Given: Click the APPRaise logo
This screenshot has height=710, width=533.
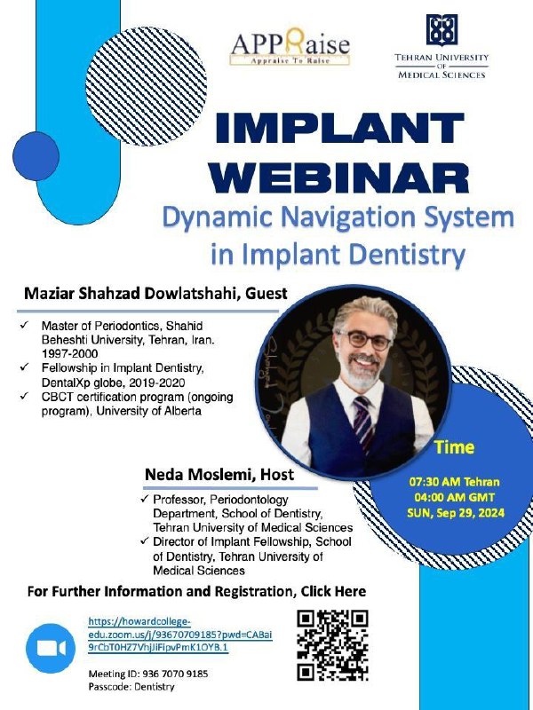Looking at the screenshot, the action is (x=290, y=47).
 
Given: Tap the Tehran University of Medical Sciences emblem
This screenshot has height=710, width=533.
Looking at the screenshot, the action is (x=442, y=30).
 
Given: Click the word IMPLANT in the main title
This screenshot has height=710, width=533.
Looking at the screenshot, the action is (x=340, y=128).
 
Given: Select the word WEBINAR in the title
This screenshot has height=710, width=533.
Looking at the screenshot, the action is (x=338, y=178).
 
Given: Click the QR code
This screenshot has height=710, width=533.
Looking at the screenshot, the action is (x=332, y=645).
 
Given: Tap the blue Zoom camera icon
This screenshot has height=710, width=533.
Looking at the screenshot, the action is (x=51, y=649).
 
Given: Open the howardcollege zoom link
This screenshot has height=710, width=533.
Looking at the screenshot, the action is (x=180, y=635).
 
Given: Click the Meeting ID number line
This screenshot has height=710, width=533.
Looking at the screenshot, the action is (x=148, y=674).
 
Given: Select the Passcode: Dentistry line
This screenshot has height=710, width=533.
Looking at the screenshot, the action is (x=131, y=687).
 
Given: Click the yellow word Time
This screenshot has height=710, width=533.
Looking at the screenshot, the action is (x=455, y=447).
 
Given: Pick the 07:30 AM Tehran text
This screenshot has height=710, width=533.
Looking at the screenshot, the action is (x=454, y=482).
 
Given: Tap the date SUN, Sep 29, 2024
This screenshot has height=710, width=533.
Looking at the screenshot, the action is (x=456, y=514).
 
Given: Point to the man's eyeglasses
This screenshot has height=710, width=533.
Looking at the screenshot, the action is (x=363, y=340).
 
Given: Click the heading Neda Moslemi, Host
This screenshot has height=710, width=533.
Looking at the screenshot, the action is (x=219, y=475).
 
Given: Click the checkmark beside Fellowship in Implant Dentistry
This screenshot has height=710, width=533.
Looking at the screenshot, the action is (x=25, y=366).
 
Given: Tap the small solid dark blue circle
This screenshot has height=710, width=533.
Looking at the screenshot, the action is (x=36, y=156).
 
